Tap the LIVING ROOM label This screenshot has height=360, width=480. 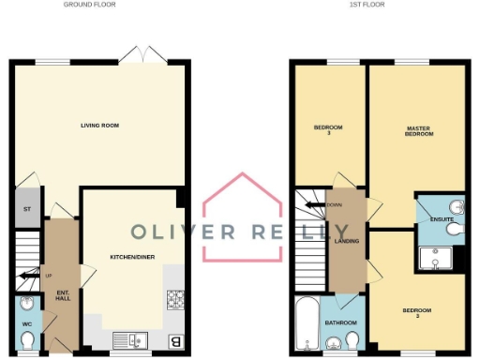99,125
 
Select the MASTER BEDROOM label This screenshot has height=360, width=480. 419,131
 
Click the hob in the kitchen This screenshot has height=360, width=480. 175,300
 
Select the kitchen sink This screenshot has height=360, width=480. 127,339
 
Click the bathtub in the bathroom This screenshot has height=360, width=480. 306,323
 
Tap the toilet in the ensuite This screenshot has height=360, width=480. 454,228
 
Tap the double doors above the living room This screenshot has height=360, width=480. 144,53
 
